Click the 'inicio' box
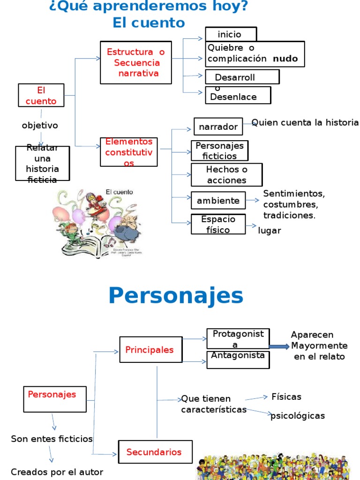231,34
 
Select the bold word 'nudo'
285,59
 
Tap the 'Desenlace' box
238,96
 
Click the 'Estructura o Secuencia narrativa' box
136,62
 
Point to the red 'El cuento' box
41,95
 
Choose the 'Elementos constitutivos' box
128,152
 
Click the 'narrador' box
218,127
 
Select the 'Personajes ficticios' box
219,151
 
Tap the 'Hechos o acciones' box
226,175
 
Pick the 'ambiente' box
218,201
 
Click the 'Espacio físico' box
218,224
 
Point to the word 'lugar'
270,231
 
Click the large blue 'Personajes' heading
176,296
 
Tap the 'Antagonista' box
238,360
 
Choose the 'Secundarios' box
155,452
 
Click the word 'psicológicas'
298,416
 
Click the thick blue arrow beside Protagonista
279,346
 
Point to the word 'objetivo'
40,126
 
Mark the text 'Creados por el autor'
57,472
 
